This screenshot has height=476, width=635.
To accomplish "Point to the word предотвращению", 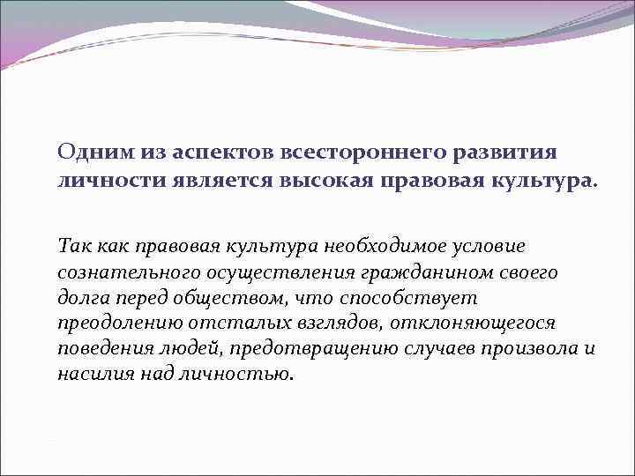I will [x=284, y=348].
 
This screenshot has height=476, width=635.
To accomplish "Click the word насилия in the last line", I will [x=93, y=374].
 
